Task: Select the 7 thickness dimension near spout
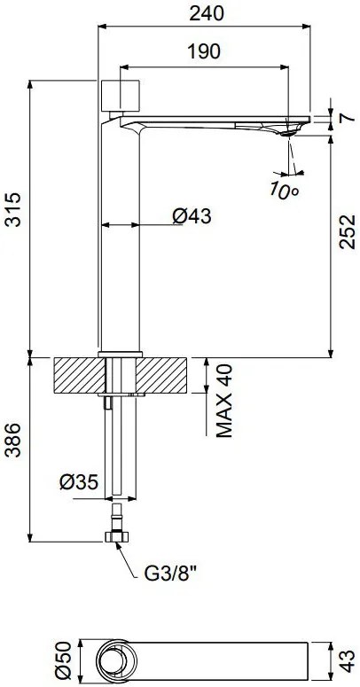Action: [347, 118]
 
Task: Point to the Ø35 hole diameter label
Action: [79, 483]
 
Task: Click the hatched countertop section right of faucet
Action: [163, 375]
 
